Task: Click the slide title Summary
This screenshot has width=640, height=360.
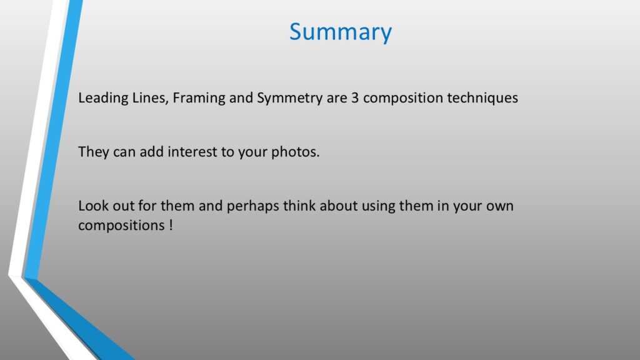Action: [x=341, y=32]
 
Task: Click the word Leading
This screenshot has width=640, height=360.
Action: [x=103, y=98]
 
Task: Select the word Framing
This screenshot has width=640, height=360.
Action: [x=199, y=98]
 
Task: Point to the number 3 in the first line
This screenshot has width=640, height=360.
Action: [x=355, y=98]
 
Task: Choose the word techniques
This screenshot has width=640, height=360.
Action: [x=482, y=98]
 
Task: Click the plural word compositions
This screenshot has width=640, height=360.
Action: [x=121, y=226]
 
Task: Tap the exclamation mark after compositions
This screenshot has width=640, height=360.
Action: [x=171, y=225]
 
